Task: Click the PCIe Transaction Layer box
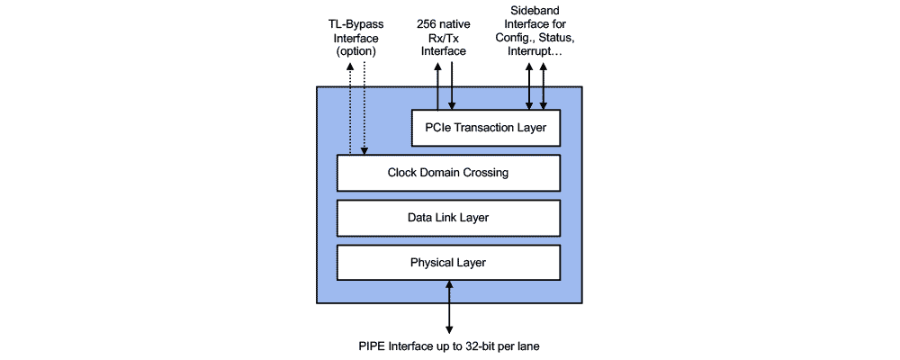click(485, 127)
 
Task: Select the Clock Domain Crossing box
click(448, 172)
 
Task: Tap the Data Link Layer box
click(448, 217)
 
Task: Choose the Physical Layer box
click(448, 262)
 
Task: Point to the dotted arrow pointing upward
click(348, 117)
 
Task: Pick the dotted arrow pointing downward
click(364, 117)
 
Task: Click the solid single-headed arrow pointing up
click(437, 90)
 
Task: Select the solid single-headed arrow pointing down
click(452, 90)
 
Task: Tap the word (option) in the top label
click(355, 52)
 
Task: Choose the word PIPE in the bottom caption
click(372, 346)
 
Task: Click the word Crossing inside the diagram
click(486, 172)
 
